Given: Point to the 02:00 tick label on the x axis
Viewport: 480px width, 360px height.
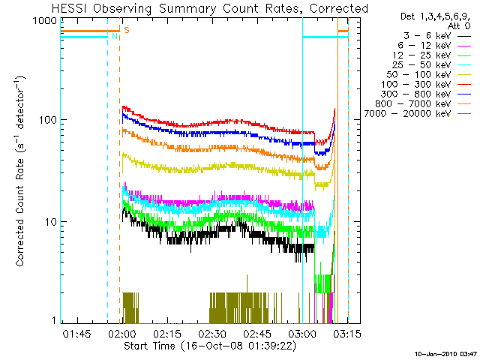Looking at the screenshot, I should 121,332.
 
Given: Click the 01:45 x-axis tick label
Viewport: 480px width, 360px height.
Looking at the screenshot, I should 76,332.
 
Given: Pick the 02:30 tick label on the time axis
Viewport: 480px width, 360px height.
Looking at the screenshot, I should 212,332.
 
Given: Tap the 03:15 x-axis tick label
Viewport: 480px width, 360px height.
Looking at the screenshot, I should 347,332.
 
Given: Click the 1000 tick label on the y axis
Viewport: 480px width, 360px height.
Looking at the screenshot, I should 43,21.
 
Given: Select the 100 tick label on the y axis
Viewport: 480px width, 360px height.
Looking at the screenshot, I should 46,120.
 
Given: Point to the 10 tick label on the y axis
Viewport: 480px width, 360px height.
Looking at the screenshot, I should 49,222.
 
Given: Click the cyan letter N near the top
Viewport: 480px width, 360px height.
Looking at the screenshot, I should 114,36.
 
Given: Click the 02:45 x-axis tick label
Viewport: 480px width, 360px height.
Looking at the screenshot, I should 257,332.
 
